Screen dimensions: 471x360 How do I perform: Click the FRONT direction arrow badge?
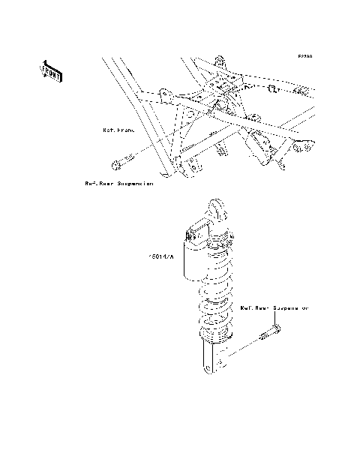pos(51,70)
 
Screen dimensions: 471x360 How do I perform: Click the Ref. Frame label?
pos(118,129)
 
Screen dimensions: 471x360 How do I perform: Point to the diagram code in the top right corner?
pos(304,56)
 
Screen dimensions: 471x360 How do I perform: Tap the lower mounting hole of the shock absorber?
pos(207,367)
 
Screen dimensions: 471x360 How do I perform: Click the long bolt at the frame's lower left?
pos(121,161)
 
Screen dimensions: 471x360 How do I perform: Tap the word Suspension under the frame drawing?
pos(136,183)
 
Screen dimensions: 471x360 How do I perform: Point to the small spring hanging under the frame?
pos(223,151)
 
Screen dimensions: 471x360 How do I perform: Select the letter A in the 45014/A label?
pos(171,256)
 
